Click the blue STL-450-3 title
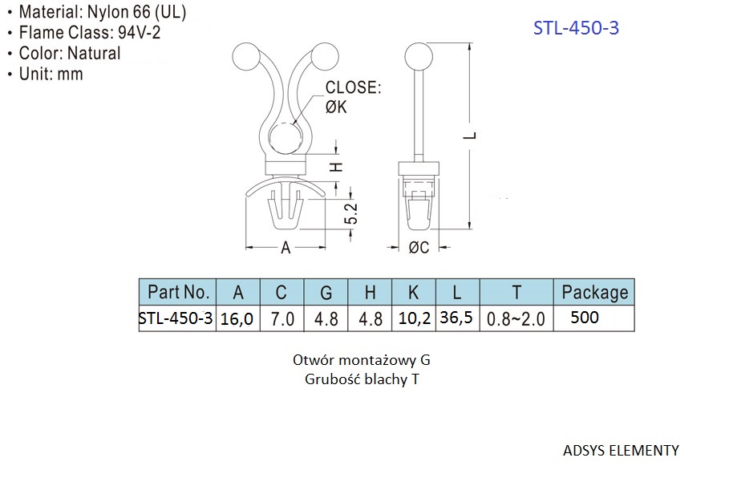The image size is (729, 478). tap(576, 28)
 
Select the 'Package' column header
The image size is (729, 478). tap(594, 292)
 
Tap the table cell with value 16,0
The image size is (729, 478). tap(237, 318)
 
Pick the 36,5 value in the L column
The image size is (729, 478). tap(456, 318)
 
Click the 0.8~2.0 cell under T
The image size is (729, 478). tap(516, 319)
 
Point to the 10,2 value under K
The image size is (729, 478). tap(414, 318)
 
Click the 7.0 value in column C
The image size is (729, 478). tap(282, 319)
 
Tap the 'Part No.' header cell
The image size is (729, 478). tap(178, 292)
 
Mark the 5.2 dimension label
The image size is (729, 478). tap(351, 213)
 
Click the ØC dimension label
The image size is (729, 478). tap(419, 247)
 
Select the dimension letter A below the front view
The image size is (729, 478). tap(286, 248)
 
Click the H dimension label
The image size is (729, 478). tap(336, 167)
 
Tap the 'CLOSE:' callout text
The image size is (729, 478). tap(353, 87)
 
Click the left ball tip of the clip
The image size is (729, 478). tap(246, 57)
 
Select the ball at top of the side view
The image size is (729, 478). tap(419, 57)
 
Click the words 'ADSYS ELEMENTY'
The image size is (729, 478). tap(621, 450)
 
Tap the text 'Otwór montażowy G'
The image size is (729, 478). tap(361, 360)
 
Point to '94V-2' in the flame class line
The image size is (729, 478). tap(139, 33)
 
